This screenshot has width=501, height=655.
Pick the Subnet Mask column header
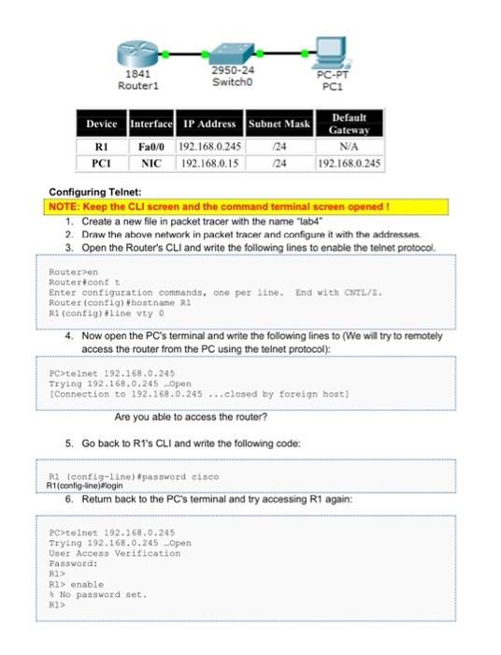tap(279, 124)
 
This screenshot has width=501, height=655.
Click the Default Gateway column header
tap(349, 124)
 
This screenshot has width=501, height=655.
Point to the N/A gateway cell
tap(349, 146)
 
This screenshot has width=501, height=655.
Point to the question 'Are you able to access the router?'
tap(191, 417)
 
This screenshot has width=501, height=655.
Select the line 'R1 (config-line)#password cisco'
tap(134, 476)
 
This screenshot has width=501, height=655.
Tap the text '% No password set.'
tap(98, 594)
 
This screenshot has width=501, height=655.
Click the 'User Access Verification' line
tap(115, 553)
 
